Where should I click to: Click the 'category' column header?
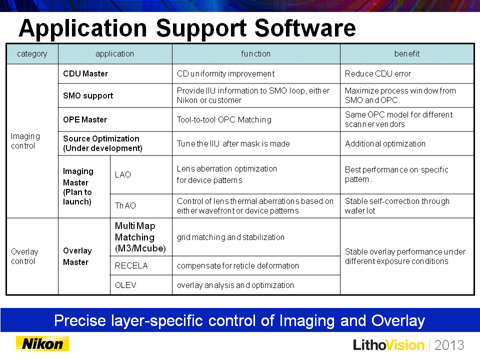[32, 54]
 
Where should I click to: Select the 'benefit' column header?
[407, 54]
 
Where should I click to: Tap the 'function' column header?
[256, 54]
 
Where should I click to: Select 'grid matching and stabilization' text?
[231, 237]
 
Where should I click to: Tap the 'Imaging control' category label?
[25, 141]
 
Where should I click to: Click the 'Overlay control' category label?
[24, 256]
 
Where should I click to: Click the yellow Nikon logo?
[42, 344]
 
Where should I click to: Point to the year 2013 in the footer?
[449, 345]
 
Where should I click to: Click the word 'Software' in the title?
[305, 28]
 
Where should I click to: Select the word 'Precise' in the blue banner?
[80, 321]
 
